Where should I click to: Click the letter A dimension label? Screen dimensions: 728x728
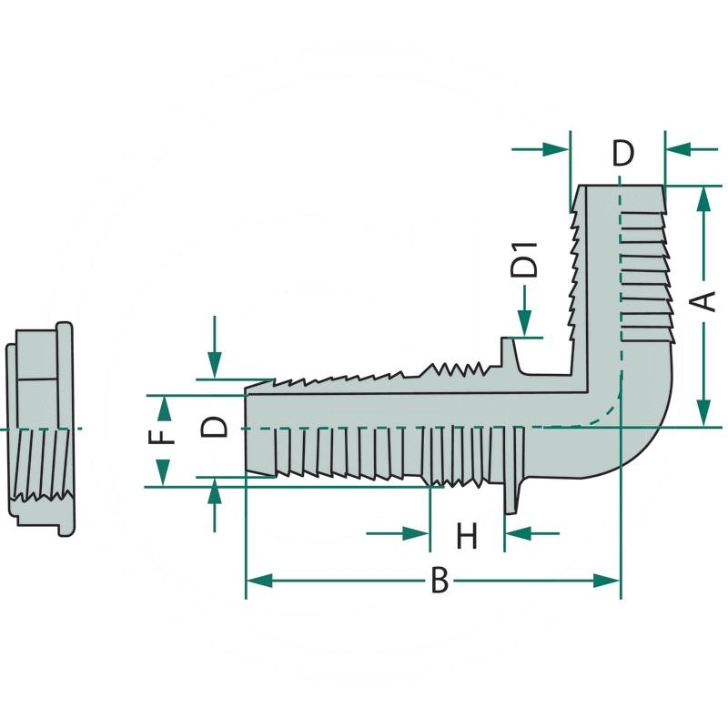(x=705, y=301)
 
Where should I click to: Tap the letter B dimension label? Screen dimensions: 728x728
(x=440, y=581)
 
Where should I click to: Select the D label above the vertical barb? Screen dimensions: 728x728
(x=622, y=154)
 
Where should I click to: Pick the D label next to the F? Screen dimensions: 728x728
(x=215, y=426)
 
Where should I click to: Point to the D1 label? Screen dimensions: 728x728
(x=524, y=260)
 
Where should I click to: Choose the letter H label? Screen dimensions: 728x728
(x=467, y=536)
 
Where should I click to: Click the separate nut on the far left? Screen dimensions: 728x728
(x=41, y=428)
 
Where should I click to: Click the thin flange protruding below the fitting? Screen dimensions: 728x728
(x=511, y=496)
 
